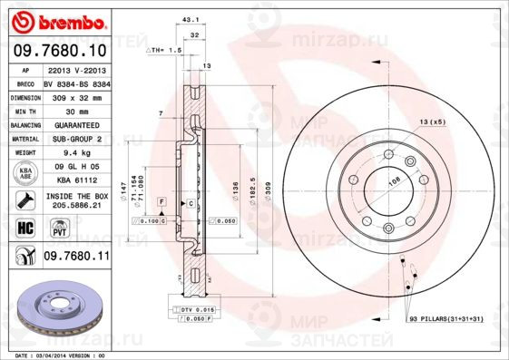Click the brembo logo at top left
[x=60, y=20]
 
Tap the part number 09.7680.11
[x=76, y=258]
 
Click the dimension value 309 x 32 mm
[x=76, y=95]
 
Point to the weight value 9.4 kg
[x=76, y=153]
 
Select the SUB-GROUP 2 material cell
[x=76, y=140]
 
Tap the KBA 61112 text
[x=76, y=180]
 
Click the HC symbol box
[x=25, y=228]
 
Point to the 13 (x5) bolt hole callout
[x=430, y=121]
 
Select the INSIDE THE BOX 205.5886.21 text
[x=76, y=200]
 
